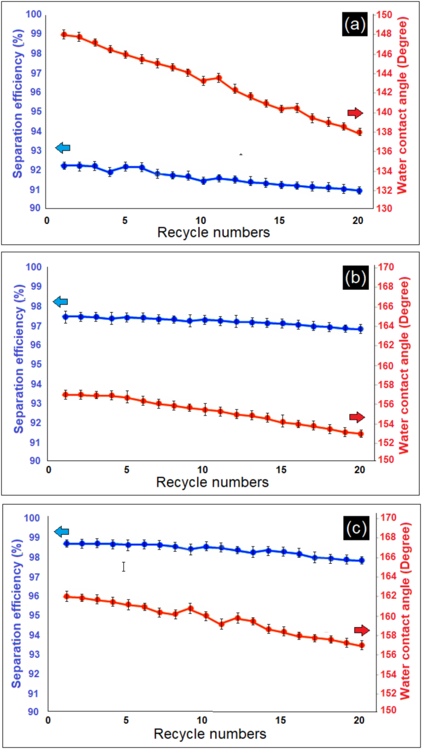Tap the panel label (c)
(355, 528)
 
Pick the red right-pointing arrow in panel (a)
(355, 113)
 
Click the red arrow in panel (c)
(362, 630)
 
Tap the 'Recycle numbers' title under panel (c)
(210, 734)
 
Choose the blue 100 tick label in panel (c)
(32, 518)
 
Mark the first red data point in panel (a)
(64, 34)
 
